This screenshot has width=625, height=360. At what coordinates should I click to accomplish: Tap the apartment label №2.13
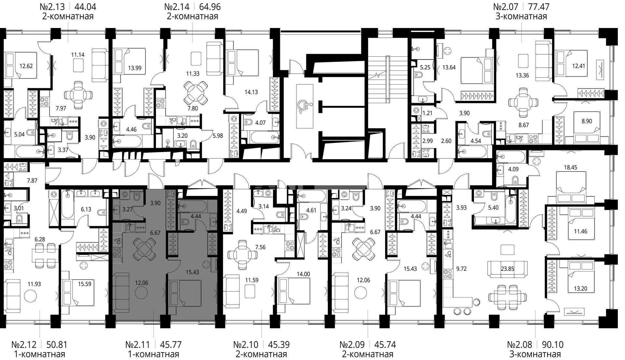pyautogui.click(x=52, y=7)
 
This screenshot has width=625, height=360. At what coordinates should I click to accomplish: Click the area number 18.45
pyautogui.click(x=570, y=168)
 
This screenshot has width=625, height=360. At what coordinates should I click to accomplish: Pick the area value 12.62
pyautogui.click(x=26, y=66)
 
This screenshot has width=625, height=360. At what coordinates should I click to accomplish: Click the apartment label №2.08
pyautogui.click(x=521, y=344)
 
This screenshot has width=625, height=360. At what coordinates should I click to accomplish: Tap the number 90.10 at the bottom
pyautogui.click(x=552, y=344)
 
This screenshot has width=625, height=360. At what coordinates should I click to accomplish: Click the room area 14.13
pyautogui.click(x=251, y=92)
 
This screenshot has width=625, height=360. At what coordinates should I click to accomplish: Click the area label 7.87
pyautogui.click(x=32, y=180)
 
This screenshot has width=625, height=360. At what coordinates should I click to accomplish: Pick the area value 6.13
pyautogui.click(x=86, y=210)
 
